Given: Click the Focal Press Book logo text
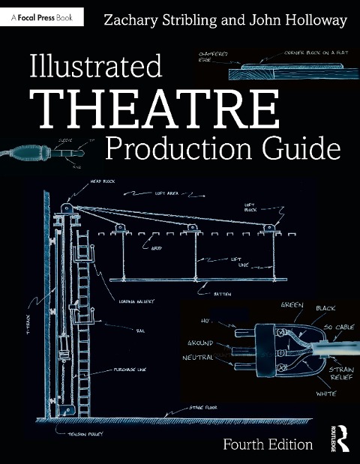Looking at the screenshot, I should pyautogui.click(x=45, y=12).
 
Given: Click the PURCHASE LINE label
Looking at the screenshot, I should pyautogui.click(x=131, y=370).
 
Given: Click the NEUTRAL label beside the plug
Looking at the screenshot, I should pyautogui.click(x=199, y=358).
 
